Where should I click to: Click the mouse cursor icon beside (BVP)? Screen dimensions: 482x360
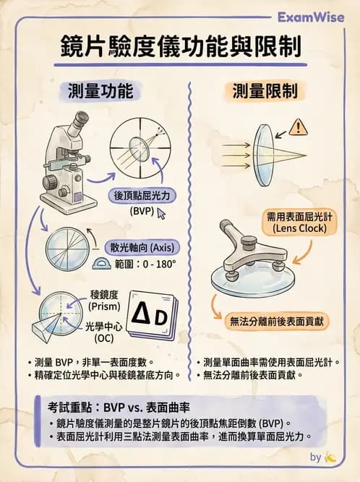tap(161, 214)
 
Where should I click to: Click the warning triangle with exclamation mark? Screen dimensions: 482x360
tap(297, 128)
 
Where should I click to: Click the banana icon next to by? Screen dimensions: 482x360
tap(331, 457)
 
